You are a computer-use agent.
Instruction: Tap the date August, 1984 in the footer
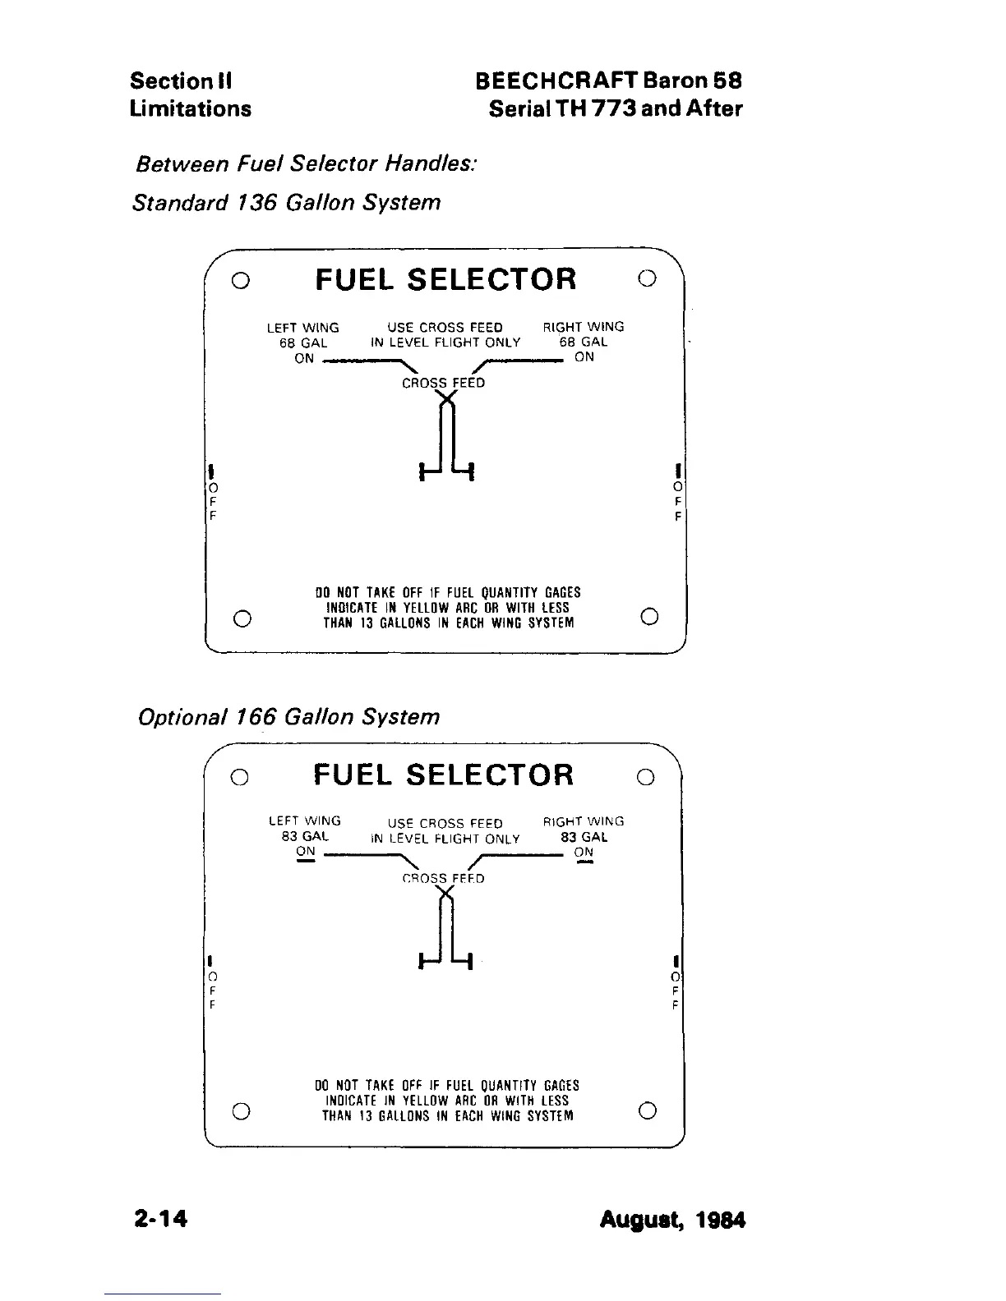672,1219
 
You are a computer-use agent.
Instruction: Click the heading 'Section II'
181,81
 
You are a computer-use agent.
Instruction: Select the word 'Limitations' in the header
191,108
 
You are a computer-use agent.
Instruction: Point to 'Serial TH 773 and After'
615,108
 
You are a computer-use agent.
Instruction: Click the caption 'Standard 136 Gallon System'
286,202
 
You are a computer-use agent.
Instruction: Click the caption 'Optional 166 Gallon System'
288,717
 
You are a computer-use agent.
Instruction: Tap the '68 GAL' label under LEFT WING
303,342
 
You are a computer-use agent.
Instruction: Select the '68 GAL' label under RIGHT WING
584,342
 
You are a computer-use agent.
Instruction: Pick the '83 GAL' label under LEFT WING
305,836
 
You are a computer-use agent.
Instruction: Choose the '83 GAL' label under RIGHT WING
584,837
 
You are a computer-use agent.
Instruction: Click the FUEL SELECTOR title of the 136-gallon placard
445,279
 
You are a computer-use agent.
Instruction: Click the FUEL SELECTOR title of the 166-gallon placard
443,775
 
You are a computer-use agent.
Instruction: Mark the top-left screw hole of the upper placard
239,280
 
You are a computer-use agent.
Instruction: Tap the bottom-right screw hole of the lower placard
648,1110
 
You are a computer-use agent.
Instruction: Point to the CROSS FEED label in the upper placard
443,384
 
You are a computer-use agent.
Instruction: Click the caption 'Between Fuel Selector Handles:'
305,163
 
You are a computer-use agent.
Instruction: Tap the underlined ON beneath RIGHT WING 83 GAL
584,853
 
